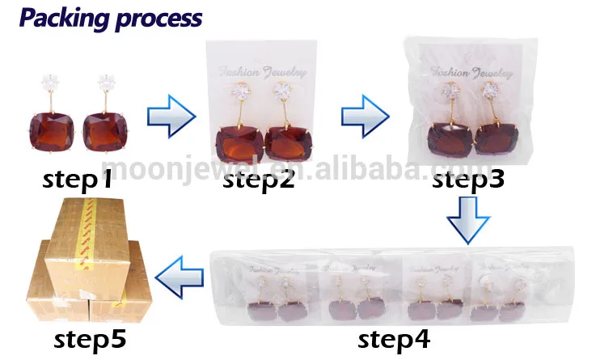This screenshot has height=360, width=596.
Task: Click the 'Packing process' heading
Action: (111, 17)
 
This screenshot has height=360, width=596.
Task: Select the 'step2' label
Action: (258, 180)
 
